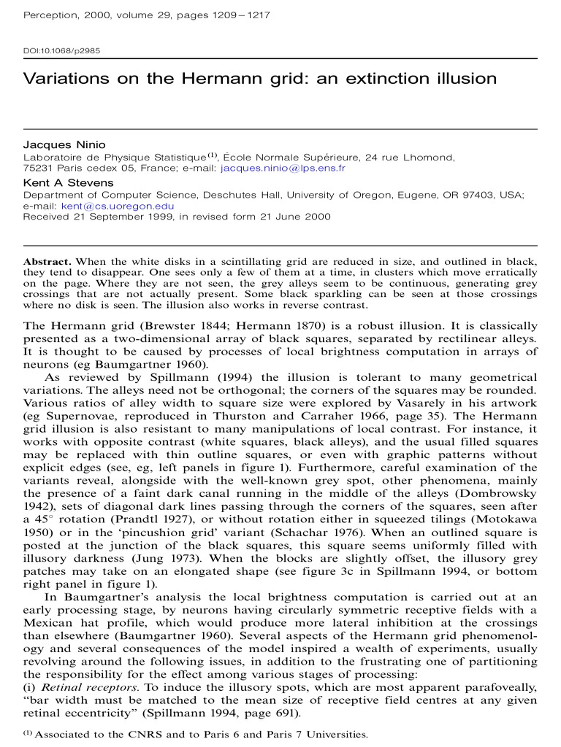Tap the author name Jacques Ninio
(x=64, y=144)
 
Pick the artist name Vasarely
(x=446, y=403)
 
